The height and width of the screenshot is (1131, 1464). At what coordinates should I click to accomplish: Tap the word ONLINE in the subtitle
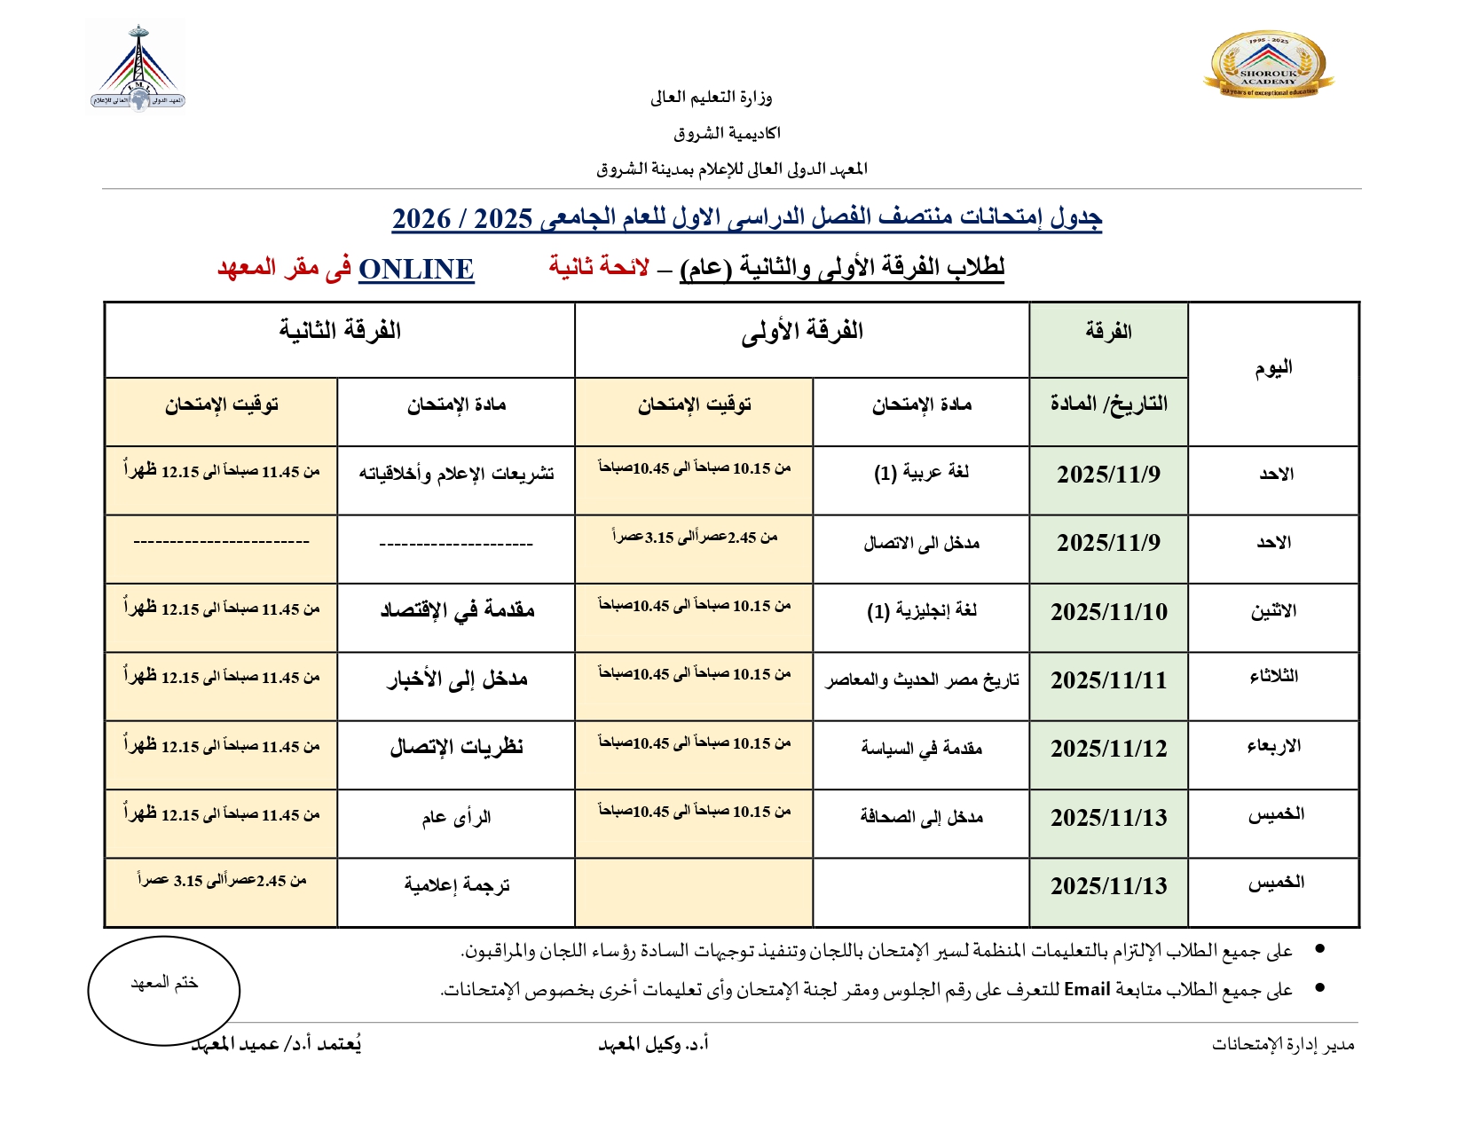tap(416, 269)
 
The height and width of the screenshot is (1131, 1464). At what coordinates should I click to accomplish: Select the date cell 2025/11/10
tap(1108, 612)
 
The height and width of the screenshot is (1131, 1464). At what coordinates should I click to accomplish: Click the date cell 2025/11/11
tap(1108, 680)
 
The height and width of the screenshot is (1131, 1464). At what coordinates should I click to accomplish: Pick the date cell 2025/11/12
tap(1108, 749)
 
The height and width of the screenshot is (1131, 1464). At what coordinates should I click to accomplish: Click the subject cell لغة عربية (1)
tap(921, 473)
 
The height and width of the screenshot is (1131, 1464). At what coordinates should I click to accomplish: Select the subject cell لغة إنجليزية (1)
tap(921, 611)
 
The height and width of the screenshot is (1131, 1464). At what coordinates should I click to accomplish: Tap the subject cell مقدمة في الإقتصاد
tap(457, 610)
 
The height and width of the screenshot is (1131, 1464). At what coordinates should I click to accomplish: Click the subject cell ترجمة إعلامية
tap(457, 885)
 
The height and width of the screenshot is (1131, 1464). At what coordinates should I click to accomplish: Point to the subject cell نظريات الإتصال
tap(457, 748)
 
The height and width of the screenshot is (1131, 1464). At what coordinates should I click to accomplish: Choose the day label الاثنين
tap(1273, 611)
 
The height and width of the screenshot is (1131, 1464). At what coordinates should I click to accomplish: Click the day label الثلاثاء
tap(1273, 677)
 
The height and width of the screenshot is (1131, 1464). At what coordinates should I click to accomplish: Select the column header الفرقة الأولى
tap(802, 332)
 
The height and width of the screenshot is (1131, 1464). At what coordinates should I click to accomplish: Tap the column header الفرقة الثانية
tap(340, 332)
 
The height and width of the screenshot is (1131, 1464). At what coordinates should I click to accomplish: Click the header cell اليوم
tap(1273, 368)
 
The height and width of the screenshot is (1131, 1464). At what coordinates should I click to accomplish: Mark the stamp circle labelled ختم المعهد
tap(164, 989)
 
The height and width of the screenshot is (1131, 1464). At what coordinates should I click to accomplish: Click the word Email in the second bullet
tap(1087, 989)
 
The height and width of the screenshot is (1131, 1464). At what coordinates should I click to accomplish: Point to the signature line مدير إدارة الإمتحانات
tap(1283, 1045)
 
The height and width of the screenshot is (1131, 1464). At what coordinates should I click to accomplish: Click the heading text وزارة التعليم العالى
tap(711, 98)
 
